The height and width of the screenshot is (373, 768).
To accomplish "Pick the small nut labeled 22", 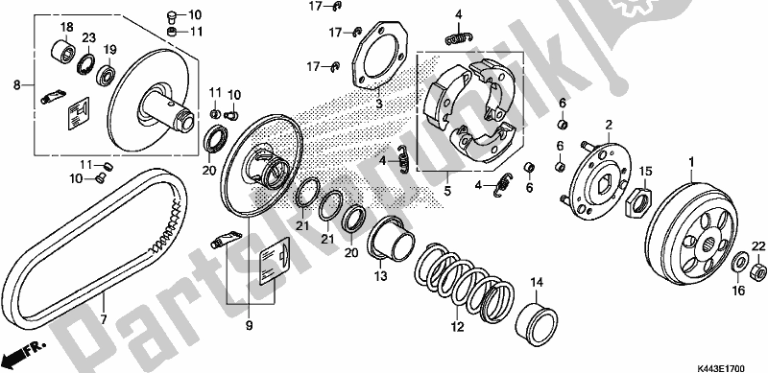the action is [x=758, y=269].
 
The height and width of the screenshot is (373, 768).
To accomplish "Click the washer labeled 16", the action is [x=739, y=263].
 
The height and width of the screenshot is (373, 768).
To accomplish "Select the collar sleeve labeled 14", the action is [x=538, y=318].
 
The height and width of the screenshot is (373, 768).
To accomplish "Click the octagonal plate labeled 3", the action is [x=380, y=56].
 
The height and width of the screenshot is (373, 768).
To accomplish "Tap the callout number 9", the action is [x=249, y=324].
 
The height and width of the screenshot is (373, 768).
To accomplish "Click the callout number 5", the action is [x=447, y=191].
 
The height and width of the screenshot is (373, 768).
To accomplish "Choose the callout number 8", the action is [x=17, y=85].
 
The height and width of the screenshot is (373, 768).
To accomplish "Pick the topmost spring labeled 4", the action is [x=459, y=38].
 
